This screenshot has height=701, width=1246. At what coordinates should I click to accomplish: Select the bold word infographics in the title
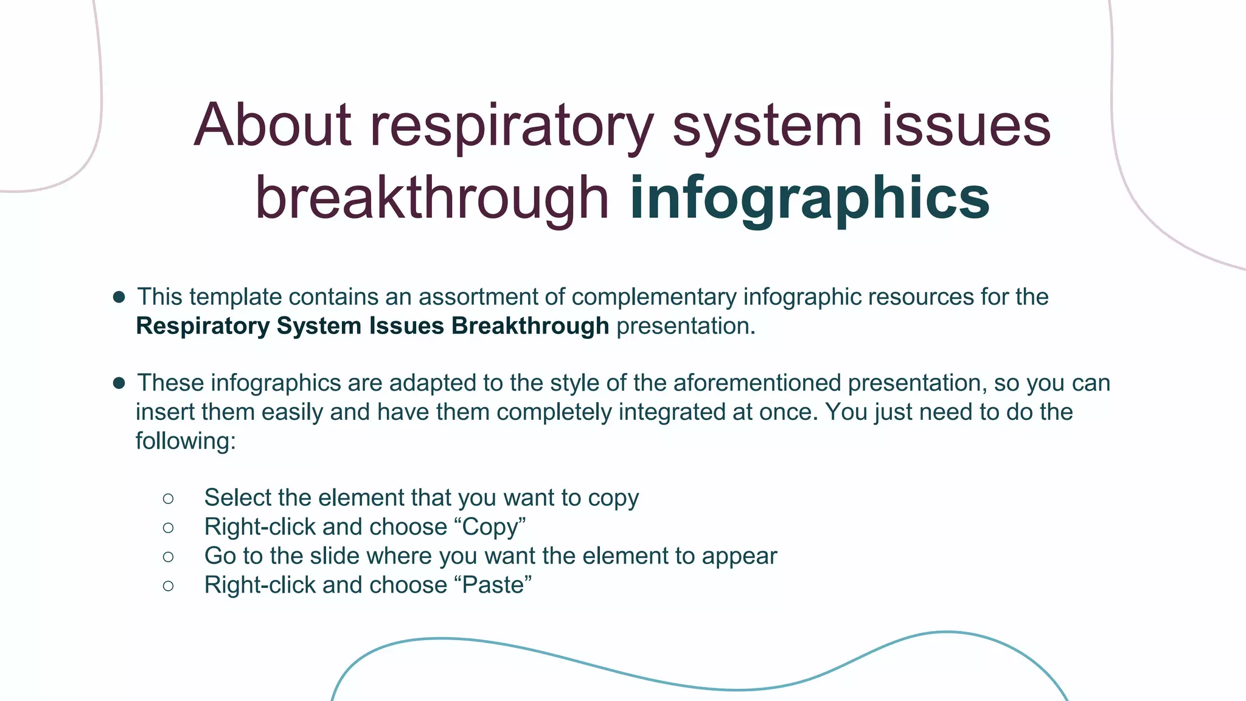[x=809, y=198]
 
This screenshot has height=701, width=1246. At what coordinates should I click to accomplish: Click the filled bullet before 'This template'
[x=119, y=297]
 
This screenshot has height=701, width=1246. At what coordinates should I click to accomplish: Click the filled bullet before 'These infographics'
[x=119, y=383]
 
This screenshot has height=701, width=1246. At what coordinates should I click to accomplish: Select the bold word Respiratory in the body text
[x=203, y=326]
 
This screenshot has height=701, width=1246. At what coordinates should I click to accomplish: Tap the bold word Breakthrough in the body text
[x=530, y=326]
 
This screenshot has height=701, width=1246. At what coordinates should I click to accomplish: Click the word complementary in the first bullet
[x=654, y=297]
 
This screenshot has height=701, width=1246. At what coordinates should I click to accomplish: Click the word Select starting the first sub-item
[x=238, y=498]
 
